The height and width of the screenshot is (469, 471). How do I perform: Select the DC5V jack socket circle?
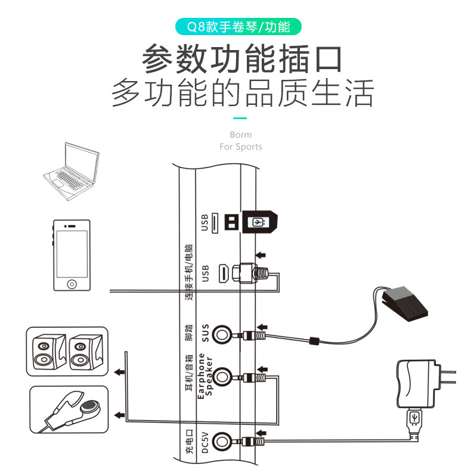[x=223, y=442]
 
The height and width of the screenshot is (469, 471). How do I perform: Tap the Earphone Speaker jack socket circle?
[x=223, y=376]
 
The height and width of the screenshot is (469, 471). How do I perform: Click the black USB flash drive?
[x=258, y=222]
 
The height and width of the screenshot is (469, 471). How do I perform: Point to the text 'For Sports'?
[x=240, y=147]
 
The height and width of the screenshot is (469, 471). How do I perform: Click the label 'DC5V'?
[x=206, y=442]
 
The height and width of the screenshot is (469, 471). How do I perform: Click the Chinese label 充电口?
[x=189, y=442]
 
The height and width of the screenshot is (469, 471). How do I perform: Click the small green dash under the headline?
[x=240, y=119]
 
